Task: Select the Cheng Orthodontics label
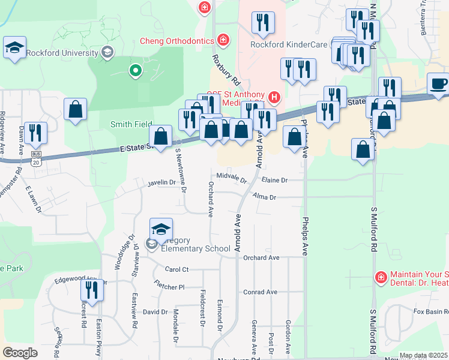point(177,41)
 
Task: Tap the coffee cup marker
point(438,83)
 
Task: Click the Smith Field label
point(131,124)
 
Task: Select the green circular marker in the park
point(136,71)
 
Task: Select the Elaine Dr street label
point(275,179)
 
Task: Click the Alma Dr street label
point(264,196)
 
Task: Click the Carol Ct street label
point(176,269)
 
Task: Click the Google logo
point(20,353)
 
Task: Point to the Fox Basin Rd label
point(431,311)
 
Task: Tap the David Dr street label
point(155,312)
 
